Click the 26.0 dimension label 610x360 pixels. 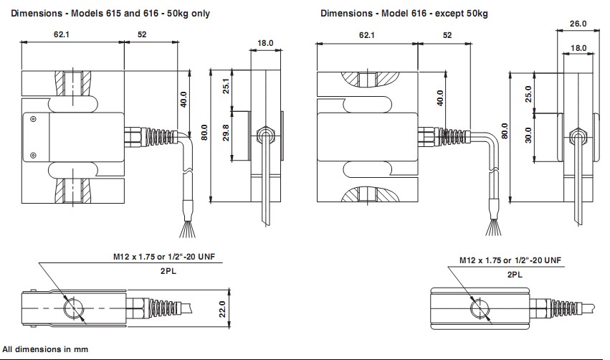(x=578, y=23)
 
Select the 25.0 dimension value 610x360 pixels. (x=530, y=94)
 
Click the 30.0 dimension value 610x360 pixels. (x=530, y=135)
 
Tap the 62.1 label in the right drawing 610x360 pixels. (x=366, y=34)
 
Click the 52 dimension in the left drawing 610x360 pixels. (x=142, y=34)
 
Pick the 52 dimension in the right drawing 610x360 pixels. (x=447, y=34)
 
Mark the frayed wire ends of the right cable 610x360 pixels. (x=492, y=227)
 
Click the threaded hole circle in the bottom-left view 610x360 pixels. (x=74, y=309)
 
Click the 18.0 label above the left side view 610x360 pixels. (x=265, y=43)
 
